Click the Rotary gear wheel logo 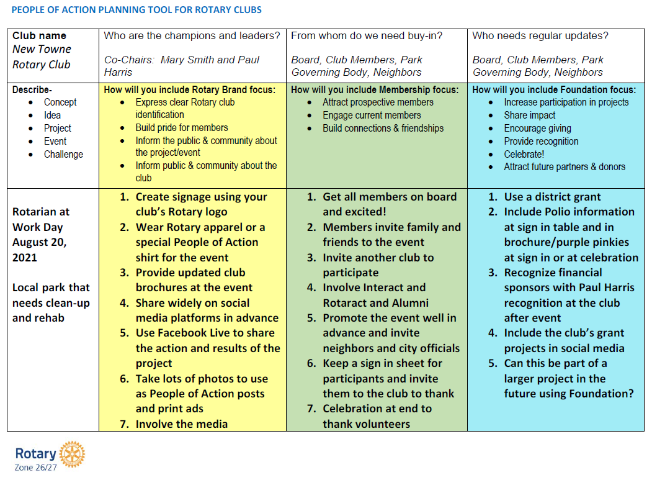click(73, 455)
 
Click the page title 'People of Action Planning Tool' click(136, 10)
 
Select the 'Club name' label click(39, 36)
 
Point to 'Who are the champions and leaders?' click(192, 36)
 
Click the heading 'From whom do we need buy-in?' click(367, 36)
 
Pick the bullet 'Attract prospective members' click(378, 102)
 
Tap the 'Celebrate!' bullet click(524, 154)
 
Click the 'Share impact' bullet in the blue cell click(530, 115)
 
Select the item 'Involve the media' click(181, 424)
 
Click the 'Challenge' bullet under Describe click(63, 154)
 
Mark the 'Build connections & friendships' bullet click(383, 129)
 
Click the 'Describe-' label click(32, 90)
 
